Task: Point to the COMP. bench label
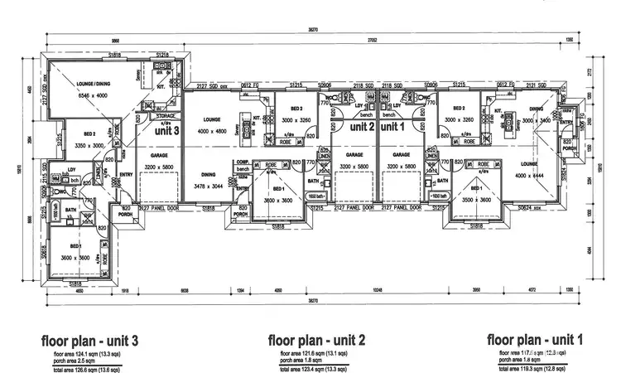click(x=243, y=165)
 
